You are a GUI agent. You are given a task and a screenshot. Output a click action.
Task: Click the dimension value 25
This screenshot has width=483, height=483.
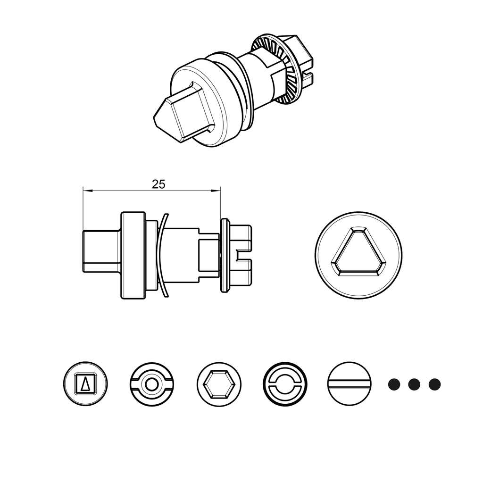158,184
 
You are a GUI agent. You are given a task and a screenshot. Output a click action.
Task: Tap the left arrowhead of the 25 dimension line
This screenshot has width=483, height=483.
85,191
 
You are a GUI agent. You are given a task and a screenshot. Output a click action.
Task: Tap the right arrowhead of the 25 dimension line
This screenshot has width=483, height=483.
218,191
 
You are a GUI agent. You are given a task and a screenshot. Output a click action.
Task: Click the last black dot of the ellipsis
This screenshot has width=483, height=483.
434,384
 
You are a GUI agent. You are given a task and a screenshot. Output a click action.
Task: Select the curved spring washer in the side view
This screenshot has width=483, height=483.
161,255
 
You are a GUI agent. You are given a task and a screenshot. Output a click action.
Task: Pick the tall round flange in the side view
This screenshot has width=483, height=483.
133,255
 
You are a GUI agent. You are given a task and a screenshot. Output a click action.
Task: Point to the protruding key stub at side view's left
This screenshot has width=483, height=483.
100,250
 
